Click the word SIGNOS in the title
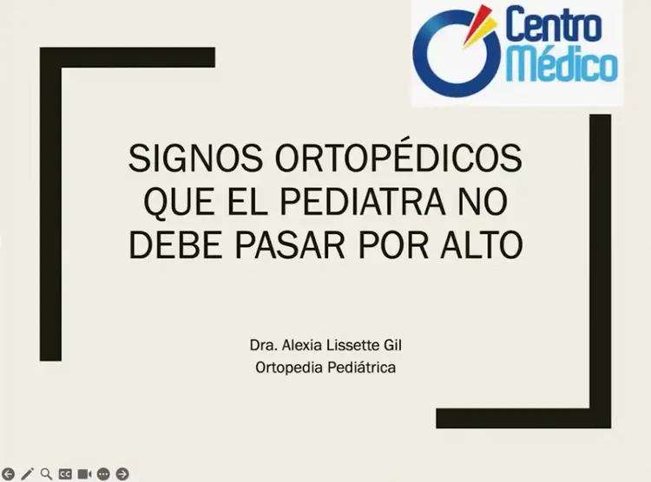pyautogui.click(x=195, y=158)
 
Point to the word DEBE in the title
pyautogui.click(x=176, y=244)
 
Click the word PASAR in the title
pyautogui.click(x=290, y=244)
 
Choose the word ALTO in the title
pyautogui.click(x=481, y=244)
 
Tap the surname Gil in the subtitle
pyautogui.click(x=392, y=345)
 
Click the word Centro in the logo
pyautogui.click(x=554, y=25)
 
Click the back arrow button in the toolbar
pyautogui.click(x=8, y=473)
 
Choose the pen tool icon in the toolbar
pyautogui.click(x=27, y=473)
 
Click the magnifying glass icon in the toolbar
pyautogui.click(x=46, y=473)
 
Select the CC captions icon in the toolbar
pyautogui.click(x=65, y=473)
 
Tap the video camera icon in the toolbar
pyautogui.click(x=84, y=473)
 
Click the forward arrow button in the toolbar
pyautogui.click(x=122, y=473)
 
